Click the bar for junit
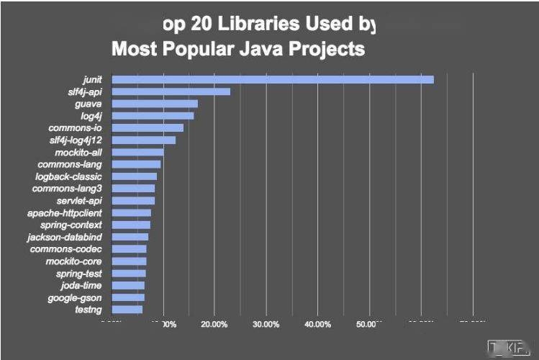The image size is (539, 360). [273, 79]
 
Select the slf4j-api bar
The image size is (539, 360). [171, 91]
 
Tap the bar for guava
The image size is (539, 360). [155, 104]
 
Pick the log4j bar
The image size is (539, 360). [153, 115]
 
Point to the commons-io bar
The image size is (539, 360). [148, 127]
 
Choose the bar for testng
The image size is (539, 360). [127, 310]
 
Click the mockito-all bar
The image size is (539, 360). [137, 152]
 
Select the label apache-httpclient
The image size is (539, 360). [65, 213]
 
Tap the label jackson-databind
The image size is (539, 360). [65, 237]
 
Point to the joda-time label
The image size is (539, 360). [81, 285]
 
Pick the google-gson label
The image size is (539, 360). [75, 297]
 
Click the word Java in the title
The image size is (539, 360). [263, 50]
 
